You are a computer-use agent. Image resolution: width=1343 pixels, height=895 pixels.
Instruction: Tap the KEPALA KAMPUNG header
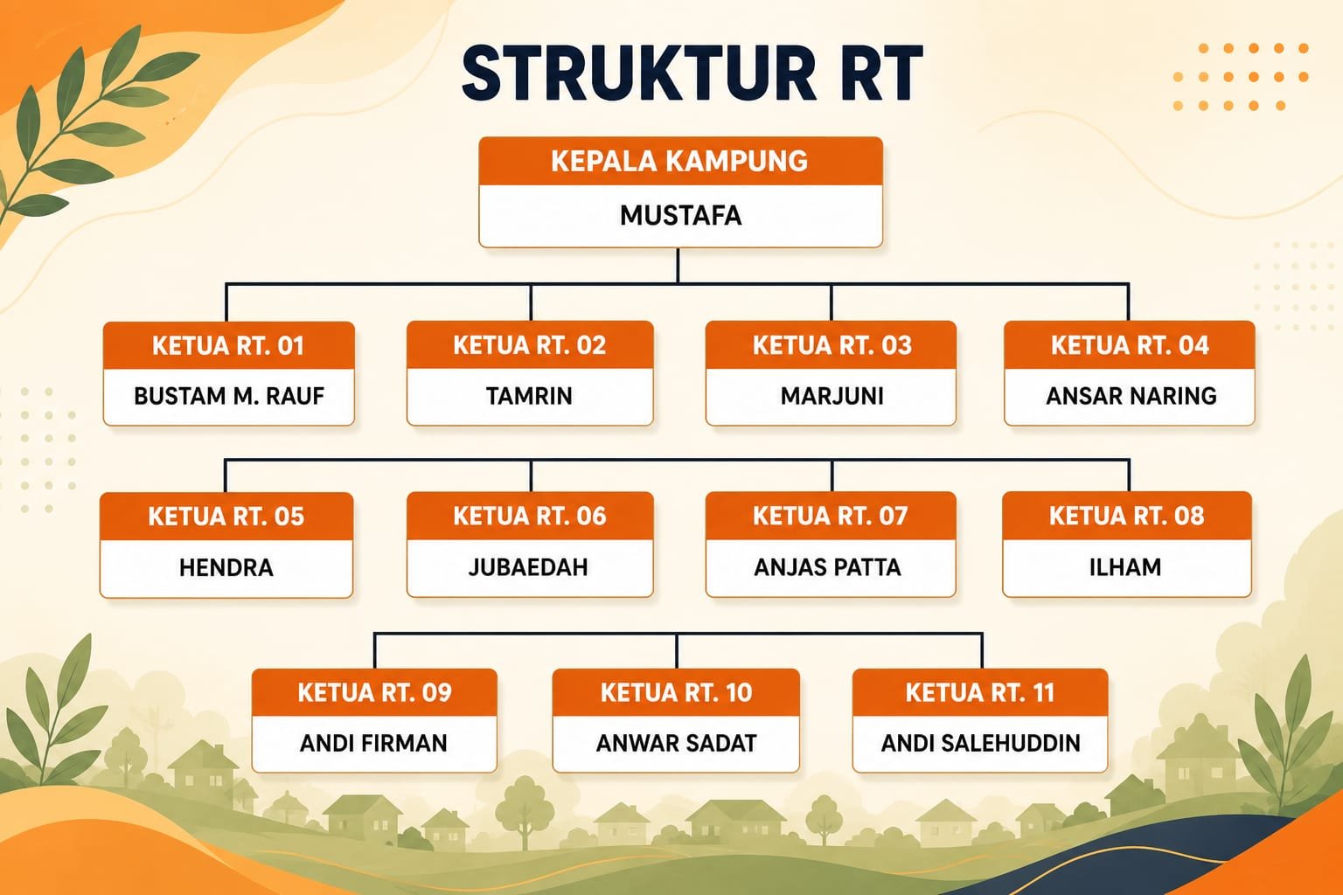tap(679, 161)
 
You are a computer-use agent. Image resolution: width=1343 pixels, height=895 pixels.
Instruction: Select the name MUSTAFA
tap(680, 215)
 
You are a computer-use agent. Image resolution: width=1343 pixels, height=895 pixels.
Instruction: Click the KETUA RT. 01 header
tap(228, 346)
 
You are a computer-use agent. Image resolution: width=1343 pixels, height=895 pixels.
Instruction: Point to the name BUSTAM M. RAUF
tap(229, 396)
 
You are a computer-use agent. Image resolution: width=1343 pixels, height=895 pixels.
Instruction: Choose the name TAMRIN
tap(529, 396)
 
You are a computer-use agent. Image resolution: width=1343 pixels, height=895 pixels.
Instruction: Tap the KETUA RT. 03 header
tap(832, 345)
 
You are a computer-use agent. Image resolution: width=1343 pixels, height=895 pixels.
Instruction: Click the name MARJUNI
tap(832, 396)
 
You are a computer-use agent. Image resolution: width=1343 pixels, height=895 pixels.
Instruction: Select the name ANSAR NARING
tap(1131, 396)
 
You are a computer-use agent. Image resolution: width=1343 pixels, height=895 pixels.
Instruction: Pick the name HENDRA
tap(226, 567)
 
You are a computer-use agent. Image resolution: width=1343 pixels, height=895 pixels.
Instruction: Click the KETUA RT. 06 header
tap(529, 517)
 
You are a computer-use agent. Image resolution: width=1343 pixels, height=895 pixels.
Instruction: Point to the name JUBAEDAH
tap(528, 567)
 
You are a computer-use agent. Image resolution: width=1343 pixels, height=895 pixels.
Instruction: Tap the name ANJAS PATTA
tap(827, 567)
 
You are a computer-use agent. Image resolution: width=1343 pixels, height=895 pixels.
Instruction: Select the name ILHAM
tap(1125, 567)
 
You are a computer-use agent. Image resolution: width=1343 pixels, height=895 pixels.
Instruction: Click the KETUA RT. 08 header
tap(1126, 516)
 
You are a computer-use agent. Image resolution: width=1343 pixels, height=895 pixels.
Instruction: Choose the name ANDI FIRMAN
tap(373, 743)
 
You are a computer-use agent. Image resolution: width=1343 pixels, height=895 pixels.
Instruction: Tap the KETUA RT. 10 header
tap(676, 693)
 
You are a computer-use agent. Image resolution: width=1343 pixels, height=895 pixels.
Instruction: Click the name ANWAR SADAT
tap(676, 743)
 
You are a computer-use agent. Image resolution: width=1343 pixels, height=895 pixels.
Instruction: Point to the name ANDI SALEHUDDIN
tap(981, 743)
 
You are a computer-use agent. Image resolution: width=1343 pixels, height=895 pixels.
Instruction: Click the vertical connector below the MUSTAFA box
tap(678, 266)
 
